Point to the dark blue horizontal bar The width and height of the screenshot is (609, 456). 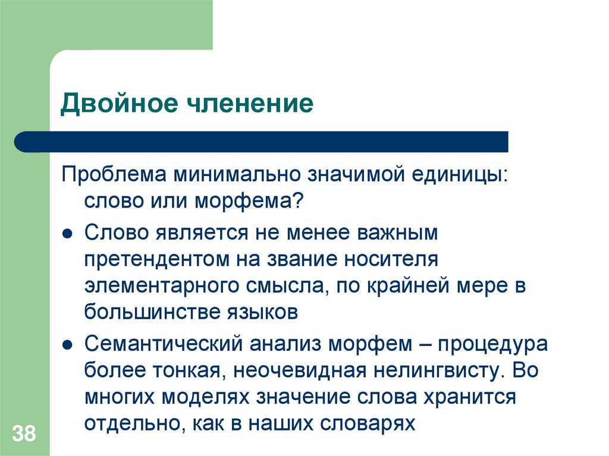(262, 142)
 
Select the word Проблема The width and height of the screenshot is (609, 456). (114, 177)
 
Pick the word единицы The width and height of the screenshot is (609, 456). (453, 177)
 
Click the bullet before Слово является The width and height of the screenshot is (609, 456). (68, 234)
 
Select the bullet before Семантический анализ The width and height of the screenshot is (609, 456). (68, 345)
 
